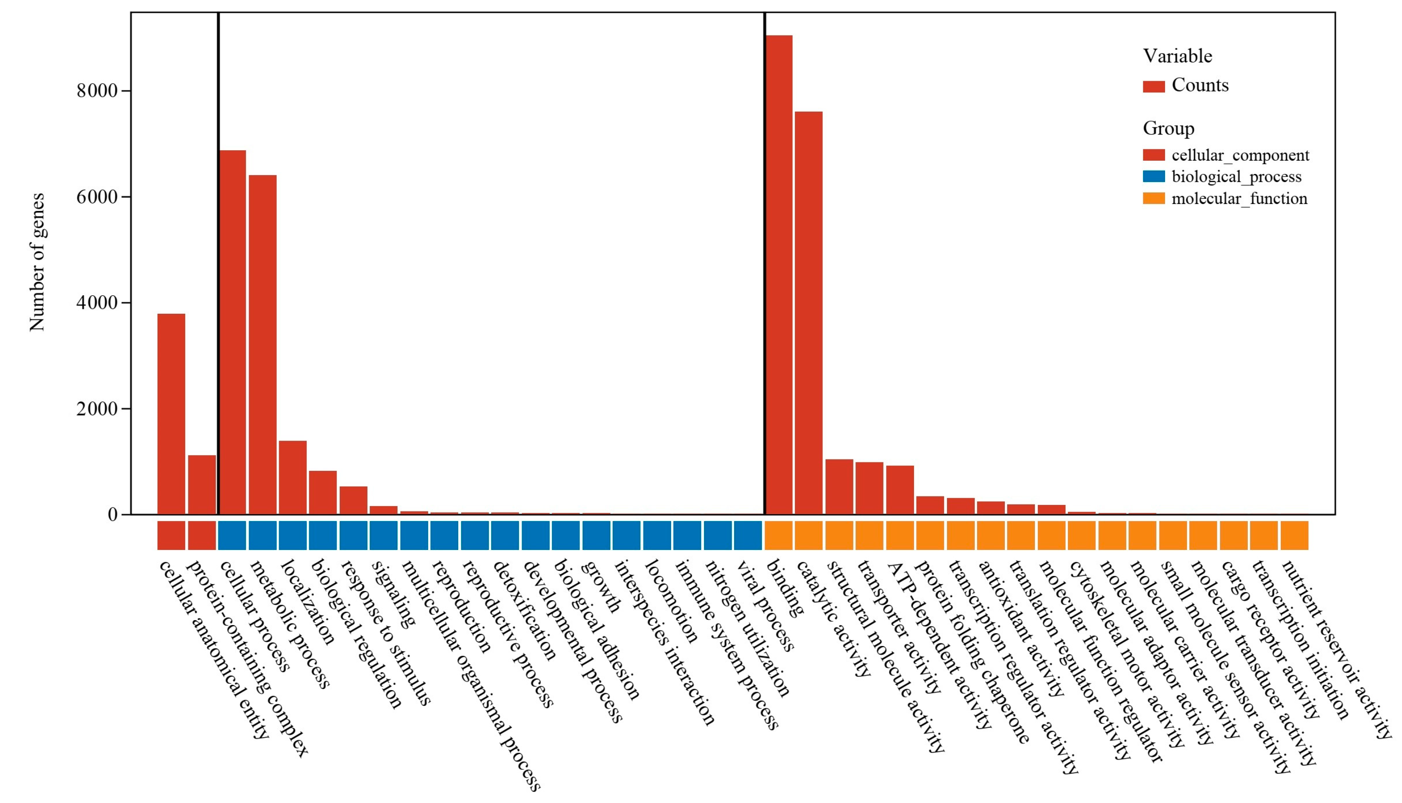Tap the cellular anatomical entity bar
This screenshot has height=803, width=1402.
(171, 414)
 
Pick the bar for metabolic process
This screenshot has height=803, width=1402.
(262, 345)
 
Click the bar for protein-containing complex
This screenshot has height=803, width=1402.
(202, 485)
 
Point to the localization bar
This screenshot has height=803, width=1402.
(292, 478)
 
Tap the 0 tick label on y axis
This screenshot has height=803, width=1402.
(113, 515)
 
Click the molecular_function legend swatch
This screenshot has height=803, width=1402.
(1153, 198)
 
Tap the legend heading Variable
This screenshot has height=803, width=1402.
(1177, 56)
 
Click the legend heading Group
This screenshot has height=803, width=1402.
(1168, 128)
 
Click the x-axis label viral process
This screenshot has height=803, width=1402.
(765, 605)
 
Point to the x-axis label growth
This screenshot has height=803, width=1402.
(601, 586)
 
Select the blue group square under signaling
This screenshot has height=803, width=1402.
(383, 535)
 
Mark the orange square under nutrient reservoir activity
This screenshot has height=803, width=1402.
(1294, 535)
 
